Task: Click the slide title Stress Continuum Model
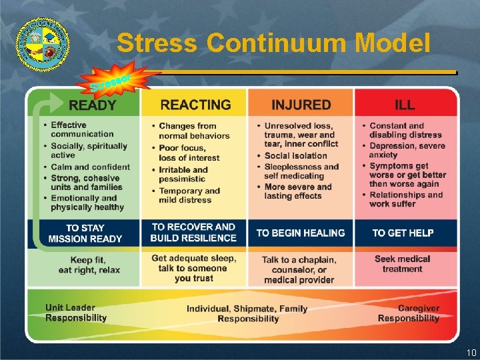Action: pyautogui.click(x=273, y=43)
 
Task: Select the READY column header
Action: pyautogui.click(x=93, y=105)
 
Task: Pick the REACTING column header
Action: pyautogui.click(x=195, y=105)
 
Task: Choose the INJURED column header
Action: pyautogui.click(x=301, y=105)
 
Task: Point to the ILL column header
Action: pyautogui.click(x=405, y=105)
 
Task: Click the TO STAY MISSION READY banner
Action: pyautogui.click(x=85, y=233)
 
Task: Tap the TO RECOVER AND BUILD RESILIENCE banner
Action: pyautogui.click(x=193, y=233)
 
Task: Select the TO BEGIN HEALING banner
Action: pyautogui.click(x=301, y=233)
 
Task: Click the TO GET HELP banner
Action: pyautogui.click(x=403, y=233)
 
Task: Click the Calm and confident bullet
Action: pyautogui.click(x=90, y=167)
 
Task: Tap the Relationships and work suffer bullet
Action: pyautogui.click(x=406, y=199)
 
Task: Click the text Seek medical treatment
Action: pyautogui.click(x=402, y=264)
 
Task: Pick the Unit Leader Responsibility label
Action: pyautogui.click(x=76, y=313)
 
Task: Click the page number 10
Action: pyautogui.click(x=471, y=352)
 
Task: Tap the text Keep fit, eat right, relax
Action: pyautogui.click(x=89, y=265)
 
